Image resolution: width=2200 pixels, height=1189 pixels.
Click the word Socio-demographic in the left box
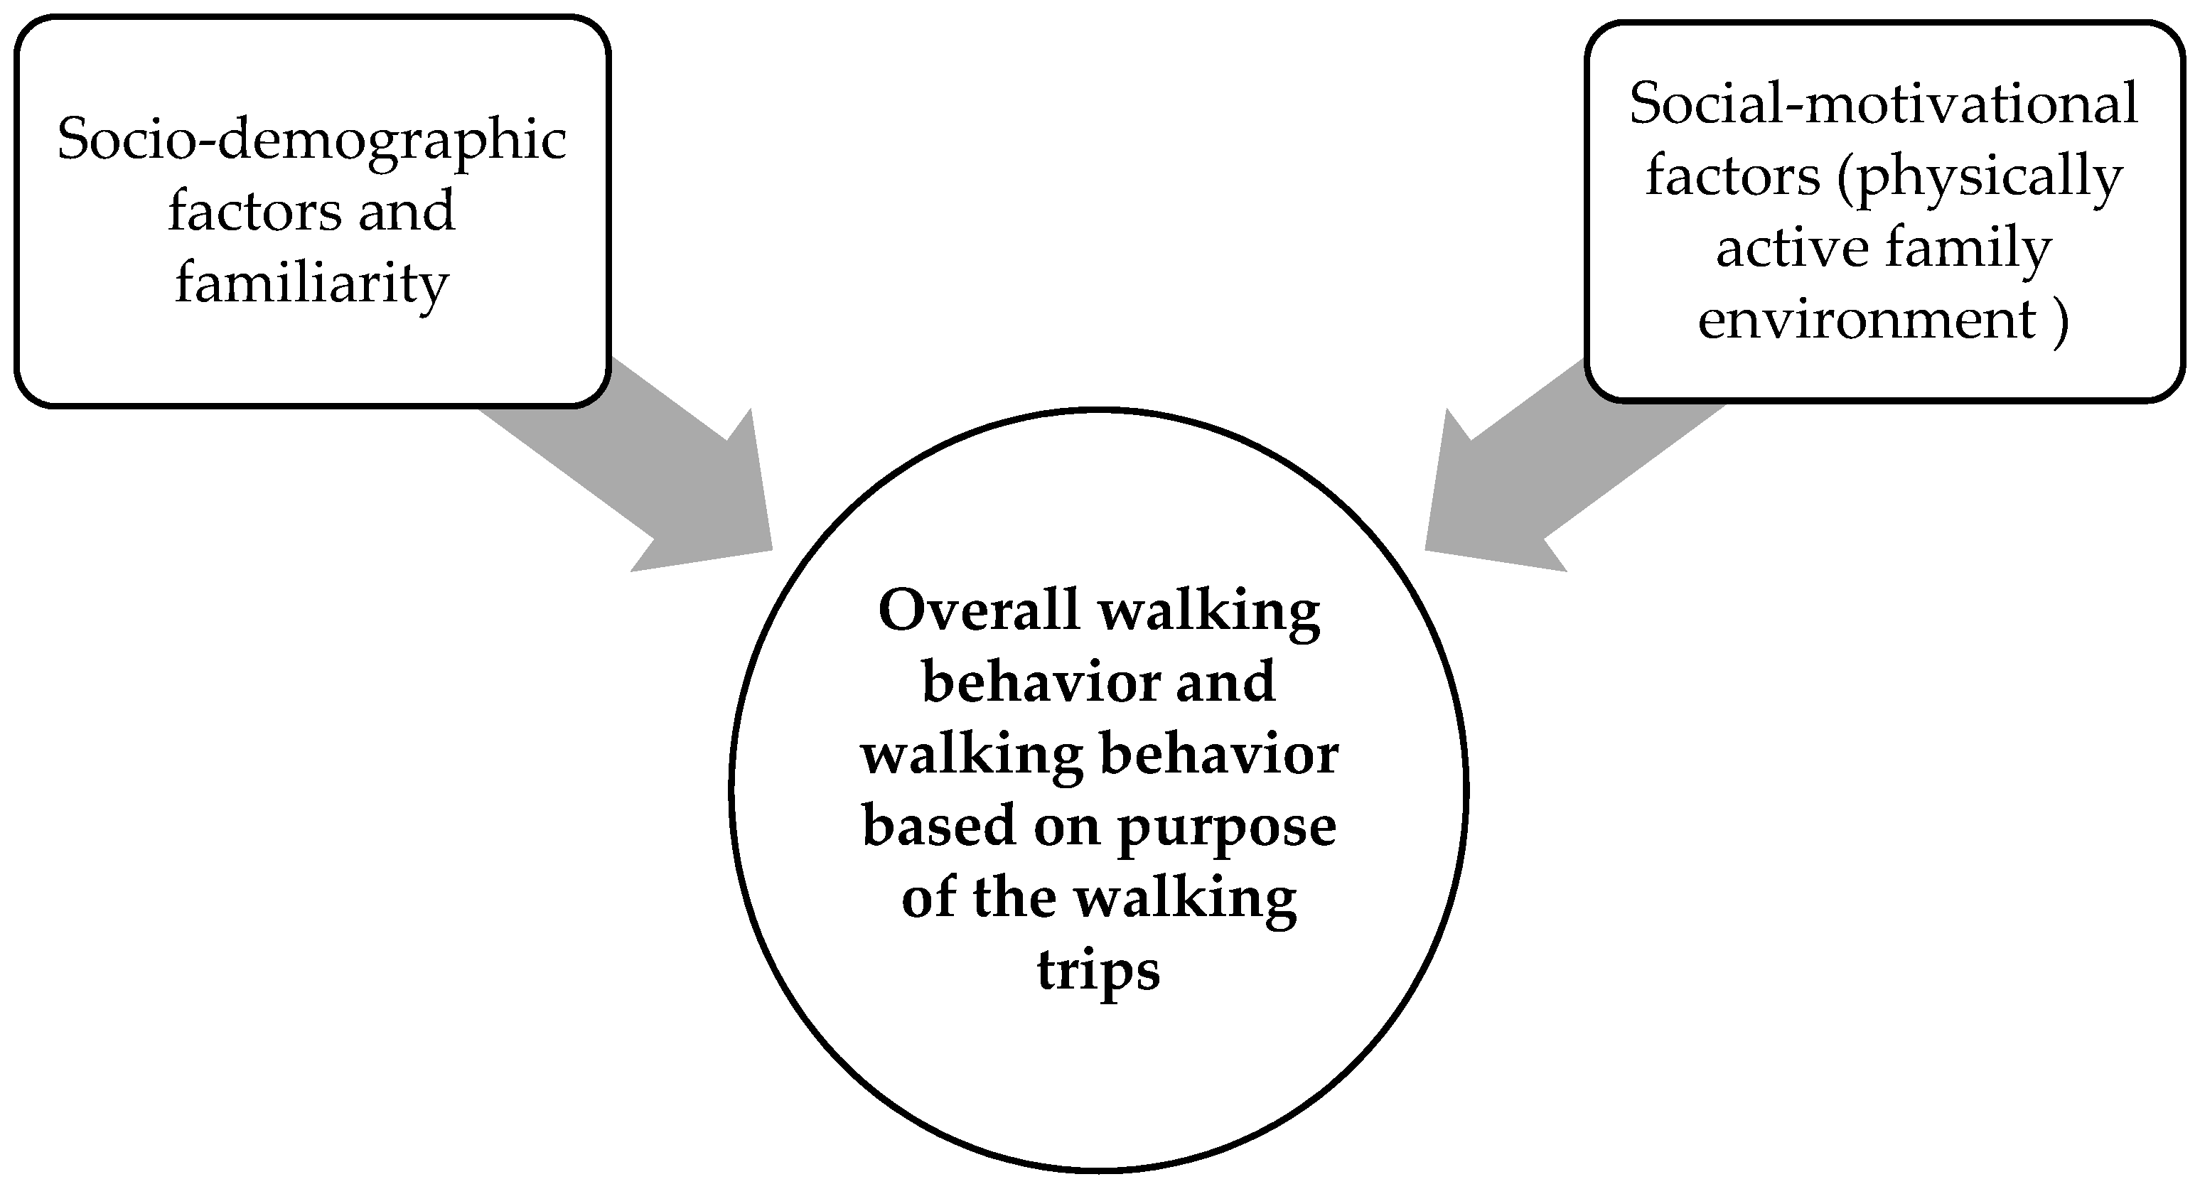pos(312,139)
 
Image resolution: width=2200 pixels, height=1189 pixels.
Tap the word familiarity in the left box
pos(312,284)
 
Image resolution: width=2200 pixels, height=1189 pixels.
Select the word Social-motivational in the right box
pos(1884,104)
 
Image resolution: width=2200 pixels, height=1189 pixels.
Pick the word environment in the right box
pos(1867,321)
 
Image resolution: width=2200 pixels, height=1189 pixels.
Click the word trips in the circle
pos(1098,970)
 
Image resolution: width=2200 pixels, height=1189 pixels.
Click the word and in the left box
pos(406,212)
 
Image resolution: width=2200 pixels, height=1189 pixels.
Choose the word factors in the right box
pos(1733,178)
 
